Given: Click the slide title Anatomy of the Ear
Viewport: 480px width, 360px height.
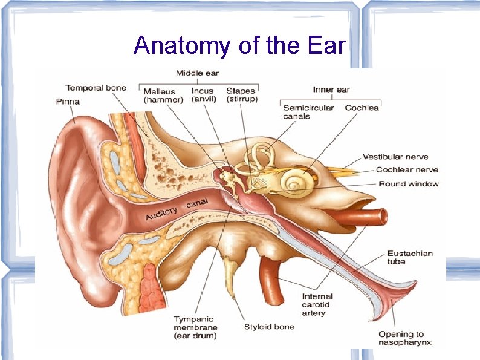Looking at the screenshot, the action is click(239, 45).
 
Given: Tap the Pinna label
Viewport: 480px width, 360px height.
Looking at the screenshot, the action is click(68, 102).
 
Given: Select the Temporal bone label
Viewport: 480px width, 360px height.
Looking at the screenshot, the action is click(96, 88).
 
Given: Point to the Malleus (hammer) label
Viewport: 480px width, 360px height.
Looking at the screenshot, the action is click(163, 96).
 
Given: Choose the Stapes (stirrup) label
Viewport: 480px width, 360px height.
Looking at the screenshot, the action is click(242, 96).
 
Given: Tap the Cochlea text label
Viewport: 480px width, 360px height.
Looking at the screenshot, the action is click(362, 108).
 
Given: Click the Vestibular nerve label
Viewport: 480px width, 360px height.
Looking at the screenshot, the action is click(395, 157).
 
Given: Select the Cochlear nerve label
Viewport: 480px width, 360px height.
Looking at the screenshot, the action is click(407, 170).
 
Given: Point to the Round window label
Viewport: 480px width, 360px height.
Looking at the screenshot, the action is click(409, 184).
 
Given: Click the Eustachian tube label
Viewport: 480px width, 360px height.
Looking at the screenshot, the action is click(410, 257).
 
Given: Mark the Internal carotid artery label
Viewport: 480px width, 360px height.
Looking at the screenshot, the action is click(317, 305).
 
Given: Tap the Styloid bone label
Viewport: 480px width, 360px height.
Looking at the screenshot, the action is click(269, 327).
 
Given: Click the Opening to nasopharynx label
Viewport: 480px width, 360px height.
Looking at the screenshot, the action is click(405, 338).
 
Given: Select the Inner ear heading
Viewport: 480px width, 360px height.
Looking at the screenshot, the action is click(331, 90).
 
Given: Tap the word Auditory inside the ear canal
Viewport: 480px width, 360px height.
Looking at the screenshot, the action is click(161, 214).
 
